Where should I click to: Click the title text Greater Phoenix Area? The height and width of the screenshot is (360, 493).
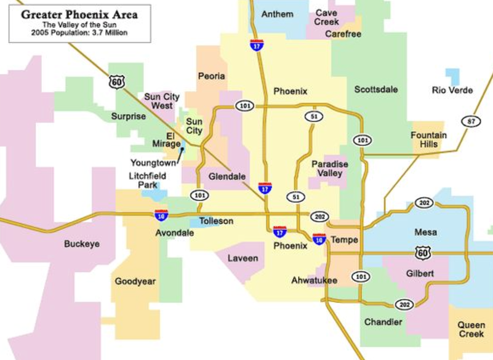[x=79, y=14]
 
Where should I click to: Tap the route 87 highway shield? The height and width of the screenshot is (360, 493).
[x=471, y=121]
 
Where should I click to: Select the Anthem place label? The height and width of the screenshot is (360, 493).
[x=277, y=14]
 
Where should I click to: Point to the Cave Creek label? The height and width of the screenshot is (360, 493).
[x=327, y=17]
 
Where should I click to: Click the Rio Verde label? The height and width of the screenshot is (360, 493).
[x=452, y=90]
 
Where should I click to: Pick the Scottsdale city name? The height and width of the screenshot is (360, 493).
[x=376, y=90]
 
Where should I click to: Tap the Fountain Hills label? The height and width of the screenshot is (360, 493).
[x=429, y=140]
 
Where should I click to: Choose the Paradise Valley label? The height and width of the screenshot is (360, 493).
[x=330, y=169]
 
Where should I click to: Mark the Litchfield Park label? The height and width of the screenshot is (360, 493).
[x=147, y=180]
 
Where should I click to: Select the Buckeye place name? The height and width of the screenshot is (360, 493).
[x=81, y=244]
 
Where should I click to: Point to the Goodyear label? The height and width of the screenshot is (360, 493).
[x=135, y=282]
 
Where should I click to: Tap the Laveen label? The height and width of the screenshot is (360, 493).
[x=242, y=258]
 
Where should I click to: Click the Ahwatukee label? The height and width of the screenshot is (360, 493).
[x=314, y=281]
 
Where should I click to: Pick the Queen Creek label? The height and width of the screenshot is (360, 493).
[x=471, y=329]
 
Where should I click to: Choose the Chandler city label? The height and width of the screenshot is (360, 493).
[x=383, y=322]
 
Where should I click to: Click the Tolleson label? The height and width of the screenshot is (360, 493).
[x=216, y=221]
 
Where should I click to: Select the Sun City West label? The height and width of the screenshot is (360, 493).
[x=162, y=101]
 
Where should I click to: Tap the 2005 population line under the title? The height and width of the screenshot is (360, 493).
[x=79, y=33]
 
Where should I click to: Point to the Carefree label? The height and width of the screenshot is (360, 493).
[x=343, y=34]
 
